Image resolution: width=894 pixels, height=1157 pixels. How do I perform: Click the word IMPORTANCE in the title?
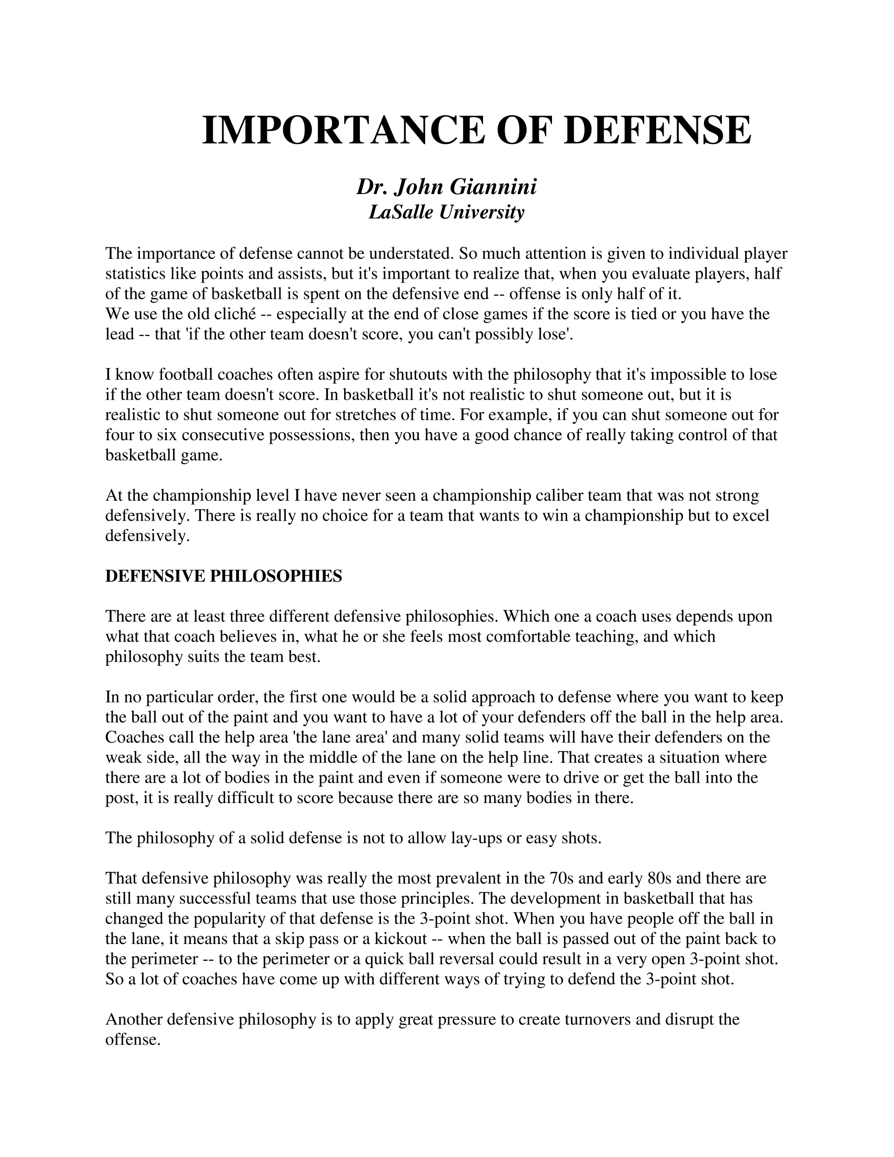[x=343, y=131]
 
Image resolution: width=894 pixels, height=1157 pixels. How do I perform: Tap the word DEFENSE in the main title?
[x=657, y=131]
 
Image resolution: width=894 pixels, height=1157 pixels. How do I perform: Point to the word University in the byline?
[x=481, y=212]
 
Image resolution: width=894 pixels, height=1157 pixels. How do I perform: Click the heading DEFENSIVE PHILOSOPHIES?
[x=224, y=576]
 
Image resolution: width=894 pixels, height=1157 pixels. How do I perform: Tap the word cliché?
[x=233, y=314]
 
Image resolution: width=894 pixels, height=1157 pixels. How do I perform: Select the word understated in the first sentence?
[x=411, y=254]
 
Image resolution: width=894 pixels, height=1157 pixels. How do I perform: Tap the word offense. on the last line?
[x=133, y=1039]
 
